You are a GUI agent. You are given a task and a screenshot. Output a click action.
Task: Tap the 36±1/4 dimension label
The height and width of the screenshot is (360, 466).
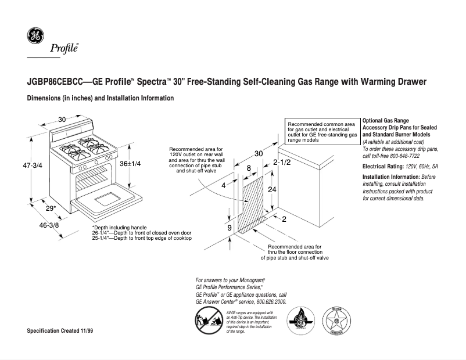(x=131, y=164)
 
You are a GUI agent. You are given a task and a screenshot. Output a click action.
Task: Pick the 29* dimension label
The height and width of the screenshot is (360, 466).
(x=51, y=208)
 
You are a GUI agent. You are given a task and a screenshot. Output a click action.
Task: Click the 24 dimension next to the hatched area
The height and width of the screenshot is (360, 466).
(x=271, y=190)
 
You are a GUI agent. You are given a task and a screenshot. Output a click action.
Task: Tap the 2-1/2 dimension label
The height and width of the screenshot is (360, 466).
(x=282, y=163)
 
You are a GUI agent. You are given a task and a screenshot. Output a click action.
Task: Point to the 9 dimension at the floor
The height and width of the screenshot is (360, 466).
(x=230, y=228)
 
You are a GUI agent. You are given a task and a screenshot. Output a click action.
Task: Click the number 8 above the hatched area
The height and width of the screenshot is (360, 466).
(x=249, y=168)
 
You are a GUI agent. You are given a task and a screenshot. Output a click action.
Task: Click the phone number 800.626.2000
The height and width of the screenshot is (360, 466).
(x=265, y=302)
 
